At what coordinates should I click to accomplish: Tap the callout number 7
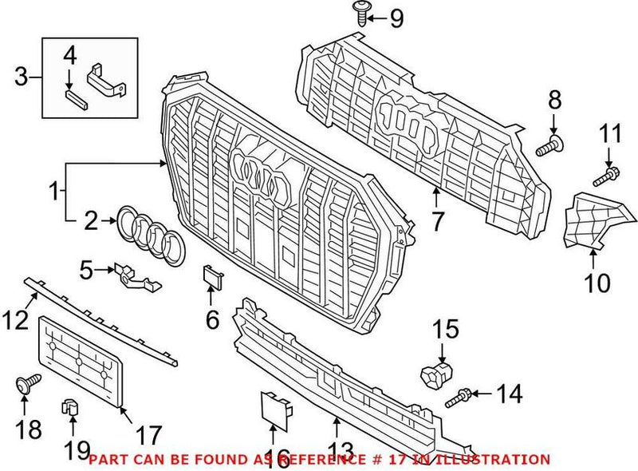click(437, 220)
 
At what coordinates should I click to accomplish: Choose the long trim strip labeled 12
click(104, 316)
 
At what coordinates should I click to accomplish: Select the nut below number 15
click(433, 373)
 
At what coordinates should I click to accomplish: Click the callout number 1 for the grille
click(54, 192)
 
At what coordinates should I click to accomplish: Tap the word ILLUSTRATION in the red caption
click(495, 460)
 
